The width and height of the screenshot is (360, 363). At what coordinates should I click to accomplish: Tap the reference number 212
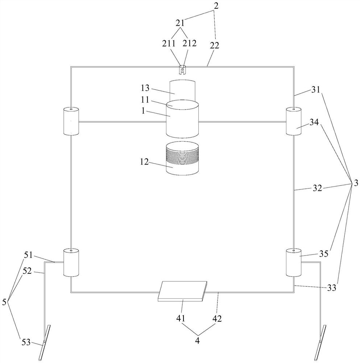(190, 44)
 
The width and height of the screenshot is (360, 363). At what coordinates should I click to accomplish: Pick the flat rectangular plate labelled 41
(182, 291)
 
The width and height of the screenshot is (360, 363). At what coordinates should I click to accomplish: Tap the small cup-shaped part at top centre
(182, 69)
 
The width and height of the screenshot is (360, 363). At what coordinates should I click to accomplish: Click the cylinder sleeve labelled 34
(293, 122)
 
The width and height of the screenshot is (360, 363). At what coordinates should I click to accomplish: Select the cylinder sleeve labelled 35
(294, 262)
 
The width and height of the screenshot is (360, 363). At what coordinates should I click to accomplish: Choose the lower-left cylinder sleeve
(71, 262)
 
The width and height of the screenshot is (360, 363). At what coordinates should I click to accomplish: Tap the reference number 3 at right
(356, 183)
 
